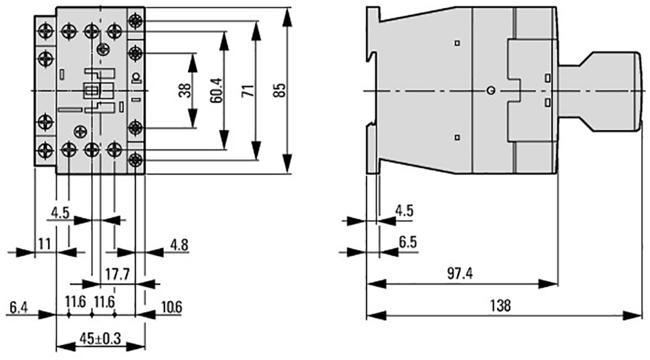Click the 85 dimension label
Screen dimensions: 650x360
(281, 90)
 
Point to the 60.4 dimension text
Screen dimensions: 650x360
(216, 90)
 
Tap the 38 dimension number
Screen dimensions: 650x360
(185, 90)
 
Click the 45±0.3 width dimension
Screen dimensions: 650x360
(100, 338)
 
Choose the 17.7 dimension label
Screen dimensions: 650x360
(117, 274)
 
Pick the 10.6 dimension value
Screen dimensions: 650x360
(171, 307)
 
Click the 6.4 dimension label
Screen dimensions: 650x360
(18, 308)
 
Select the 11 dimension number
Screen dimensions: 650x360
(44, 244)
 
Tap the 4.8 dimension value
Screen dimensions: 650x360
(179, 245)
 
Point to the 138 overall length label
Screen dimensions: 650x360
(500, 305)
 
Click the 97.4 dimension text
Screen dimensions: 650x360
(460, 273)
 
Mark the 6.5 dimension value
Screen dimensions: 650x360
(407, 242)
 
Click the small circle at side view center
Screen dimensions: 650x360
(491, 90)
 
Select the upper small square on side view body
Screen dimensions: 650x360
(457, 42)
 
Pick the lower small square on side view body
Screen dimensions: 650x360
(457, 138)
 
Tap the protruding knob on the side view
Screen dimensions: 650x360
(601, 91)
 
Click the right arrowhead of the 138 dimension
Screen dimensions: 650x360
(633, 316)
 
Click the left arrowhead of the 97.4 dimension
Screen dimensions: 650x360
(377, 284)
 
